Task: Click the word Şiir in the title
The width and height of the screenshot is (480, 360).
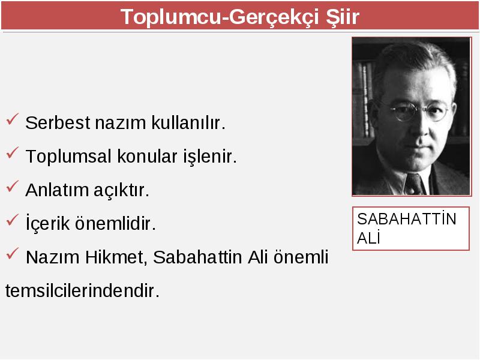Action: click(342, 17)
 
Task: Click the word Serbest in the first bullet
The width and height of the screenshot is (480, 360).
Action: click(58, 123)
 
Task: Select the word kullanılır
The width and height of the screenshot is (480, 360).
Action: click(188, 122)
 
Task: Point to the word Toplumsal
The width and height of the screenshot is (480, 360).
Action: click(68, 156)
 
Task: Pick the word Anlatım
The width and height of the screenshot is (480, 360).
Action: click(56, 190)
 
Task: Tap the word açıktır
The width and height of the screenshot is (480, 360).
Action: click(122, 190)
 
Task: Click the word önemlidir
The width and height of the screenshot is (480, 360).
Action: click(116, 223)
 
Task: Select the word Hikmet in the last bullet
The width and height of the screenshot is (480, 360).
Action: click(114, 257)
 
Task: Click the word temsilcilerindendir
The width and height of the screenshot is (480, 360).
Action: click(82, 290)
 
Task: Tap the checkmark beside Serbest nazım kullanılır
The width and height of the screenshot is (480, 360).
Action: click(12, 119)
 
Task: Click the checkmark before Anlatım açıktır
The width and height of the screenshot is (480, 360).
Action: click(12, 186)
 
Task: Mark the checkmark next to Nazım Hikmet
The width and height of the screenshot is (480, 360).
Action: click(12, 253)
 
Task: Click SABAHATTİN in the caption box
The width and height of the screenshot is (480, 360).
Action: click(407, 219)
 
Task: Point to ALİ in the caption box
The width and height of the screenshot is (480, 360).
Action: click(368, 238)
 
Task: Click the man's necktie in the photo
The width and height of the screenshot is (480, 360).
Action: click(414, 184)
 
